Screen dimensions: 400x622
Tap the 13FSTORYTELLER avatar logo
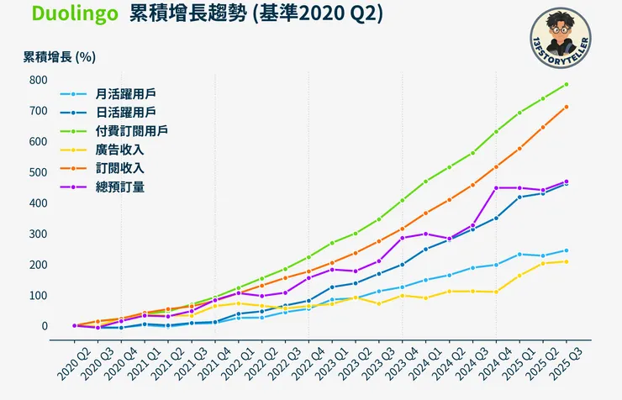point(561,39)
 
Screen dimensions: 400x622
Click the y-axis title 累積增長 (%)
point(59,57)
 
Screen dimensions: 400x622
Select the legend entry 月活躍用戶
point(119,94)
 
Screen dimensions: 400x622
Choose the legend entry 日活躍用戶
point(119,113)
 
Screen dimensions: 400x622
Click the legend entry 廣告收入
point(119,150)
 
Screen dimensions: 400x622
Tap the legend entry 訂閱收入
point(119,168)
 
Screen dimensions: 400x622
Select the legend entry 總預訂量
point(119,187)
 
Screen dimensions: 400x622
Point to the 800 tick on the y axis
point(37,80)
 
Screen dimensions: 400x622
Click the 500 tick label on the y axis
point(37,172)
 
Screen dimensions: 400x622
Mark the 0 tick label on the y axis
point(43,326)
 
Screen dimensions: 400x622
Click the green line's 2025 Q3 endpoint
point(566,84)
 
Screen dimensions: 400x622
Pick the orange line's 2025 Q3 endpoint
point(566,107)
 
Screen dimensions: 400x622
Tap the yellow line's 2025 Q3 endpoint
point(566,261)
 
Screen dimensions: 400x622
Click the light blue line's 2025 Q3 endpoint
point(566,250)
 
